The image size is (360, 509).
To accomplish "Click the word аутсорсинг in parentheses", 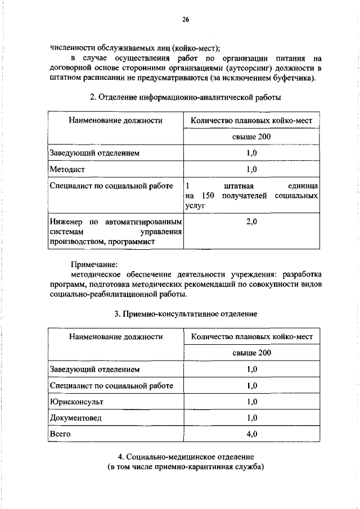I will pyautogui.click(x=246, y=67).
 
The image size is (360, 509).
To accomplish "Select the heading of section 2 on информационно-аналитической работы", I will pyautogui.click(x=185, y=98).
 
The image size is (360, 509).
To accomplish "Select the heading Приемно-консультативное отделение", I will pyautogui.click(x=185, y=313).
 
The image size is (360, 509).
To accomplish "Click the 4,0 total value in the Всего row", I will pyautogui.click(x=251, y=434).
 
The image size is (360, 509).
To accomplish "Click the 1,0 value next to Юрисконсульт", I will pyautogui.click(x=251, y=402).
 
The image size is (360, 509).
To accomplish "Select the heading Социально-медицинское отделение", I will pyautogui.click(x=185, y=456).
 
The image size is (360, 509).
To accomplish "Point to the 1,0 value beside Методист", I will pyautogui.click(x=251, y=169).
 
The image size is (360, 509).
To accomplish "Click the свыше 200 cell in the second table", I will pyautogui.click(x=251, y=353).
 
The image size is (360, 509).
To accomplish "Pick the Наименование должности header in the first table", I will pyautogui.click(x=116, y=120).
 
